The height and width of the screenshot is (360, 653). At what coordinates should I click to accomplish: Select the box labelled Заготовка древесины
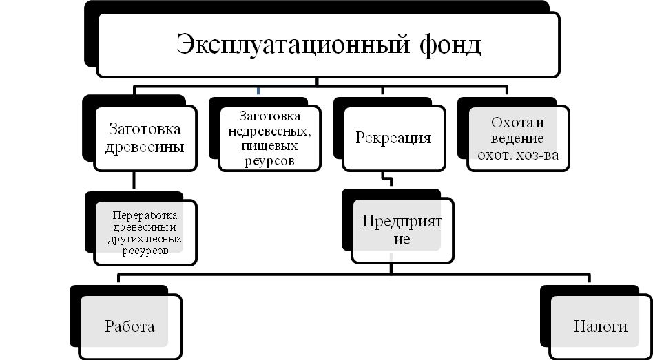pyautogui.click(x=145, y=138)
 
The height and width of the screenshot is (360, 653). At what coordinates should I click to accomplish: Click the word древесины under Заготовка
pyautogui.click(x=145, y=147)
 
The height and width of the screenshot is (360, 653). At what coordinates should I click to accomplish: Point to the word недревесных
pyautogui.click(x=270, y=131)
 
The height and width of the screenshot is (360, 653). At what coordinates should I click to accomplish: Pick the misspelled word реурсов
pyautogui.click(x=269, y=161)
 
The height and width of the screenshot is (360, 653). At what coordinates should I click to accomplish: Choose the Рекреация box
pyautogui.click(x=393, y=138)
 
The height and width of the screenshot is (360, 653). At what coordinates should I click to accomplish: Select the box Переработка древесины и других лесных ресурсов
pyautogui.click(x=145, y=232)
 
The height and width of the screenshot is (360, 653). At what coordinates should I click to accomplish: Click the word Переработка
pyautogui.click(x=145, y=215)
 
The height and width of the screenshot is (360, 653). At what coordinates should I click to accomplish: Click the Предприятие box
pyautogui.click(x=402, y=231)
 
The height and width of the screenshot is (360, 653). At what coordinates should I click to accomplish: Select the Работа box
pyautogui.click(x=130, y=326)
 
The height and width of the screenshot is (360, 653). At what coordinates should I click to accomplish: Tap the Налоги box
pyautogui.click(x=601, y=326)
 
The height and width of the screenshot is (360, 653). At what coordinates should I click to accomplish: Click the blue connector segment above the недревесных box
pyautogui.click(x=258, y=90)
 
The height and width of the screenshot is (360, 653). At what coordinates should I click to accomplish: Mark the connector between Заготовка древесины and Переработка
pyautogui.click(x=134, y=180)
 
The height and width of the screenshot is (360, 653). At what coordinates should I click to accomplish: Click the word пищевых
pyautogui.click(x=269, y=146)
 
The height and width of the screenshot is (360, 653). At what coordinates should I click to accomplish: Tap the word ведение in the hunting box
pyautogui.click(x=517, y=139)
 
